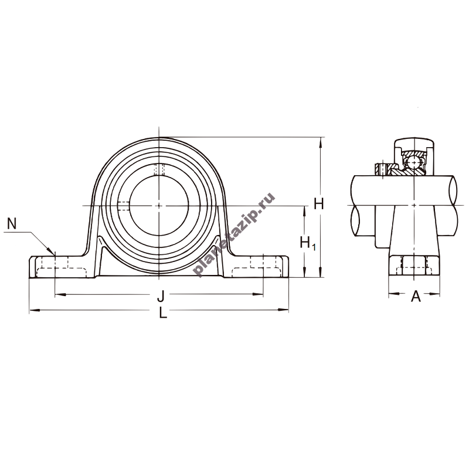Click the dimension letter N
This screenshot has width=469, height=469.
click(12, 223)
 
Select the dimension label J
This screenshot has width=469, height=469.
click(161, 296)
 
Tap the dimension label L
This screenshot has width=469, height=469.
click(163, 313)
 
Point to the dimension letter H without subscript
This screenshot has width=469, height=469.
click(319, 204)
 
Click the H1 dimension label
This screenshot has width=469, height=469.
click(308, 243)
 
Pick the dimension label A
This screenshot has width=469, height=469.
click(416, 297)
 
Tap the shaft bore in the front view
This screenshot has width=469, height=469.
click(159, 206)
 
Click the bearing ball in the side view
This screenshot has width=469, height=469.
click(414, 162)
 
